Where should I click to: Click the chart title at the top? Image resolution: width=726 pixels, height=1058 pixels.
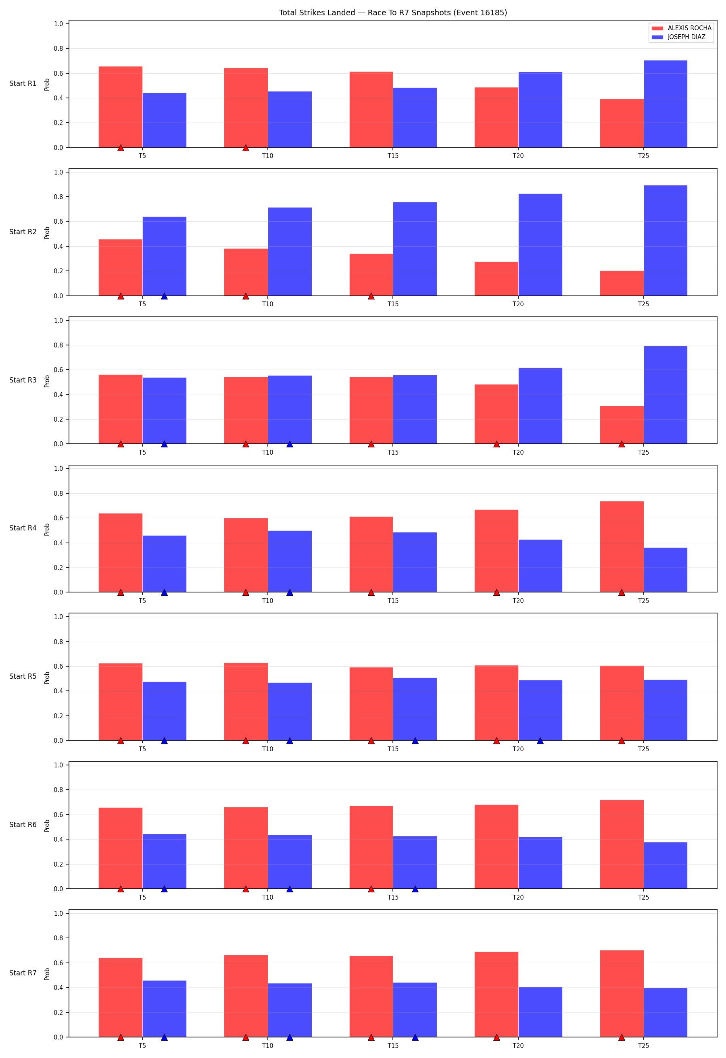point(392,13)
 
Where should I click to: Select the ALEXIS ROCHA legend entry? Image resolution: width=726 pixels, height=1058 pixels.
point(681,28)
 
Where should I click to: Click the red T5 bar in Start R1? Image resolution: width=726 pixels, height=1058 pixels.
point(121,107)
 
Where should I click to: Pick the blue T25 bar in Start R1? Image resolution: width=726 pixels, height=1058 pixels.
point(665,104)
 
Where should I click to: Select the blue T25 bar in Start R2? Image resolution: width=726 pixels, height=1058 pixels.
point(665,240)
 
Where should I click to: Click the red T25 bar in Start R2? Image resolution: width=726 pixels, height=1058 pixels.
point(622,283)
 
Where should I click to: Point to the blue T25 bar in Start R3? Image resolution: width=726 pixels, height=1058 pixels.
point(665,395)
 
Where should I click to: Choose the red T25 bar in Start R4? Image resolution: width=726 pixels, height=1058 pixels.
point(622,547)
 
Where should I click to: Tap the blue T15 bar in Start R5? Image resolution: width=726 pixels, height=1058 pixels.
point(415,709)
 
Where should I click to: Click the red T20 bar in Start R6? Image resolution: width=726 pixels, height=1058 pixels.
point(497,846)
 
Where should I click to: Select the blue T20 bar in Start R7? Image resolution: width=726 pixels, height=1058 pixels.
point(540,1012)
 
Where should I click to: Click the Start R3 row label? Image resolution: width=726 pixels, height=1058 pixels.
point(23,380)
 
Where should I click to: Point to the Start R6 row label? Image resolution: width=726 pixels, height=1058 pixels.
point(23,825)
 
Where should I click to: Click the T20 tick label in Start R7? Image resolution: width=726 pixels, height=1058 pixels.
point(518,1046)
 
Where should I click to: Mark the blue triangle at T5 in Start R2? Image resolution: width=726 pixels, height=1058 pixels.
point(165,296)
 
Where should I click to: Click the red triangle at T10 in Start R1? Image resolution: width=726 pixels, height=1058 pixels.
point(246,148)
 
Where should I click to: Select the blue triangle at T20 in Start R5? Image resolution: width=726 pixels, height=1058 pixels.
point(540,741)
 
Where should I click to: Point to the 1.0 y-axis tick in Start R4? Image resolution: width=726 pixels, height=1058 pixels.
point(59,468)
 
